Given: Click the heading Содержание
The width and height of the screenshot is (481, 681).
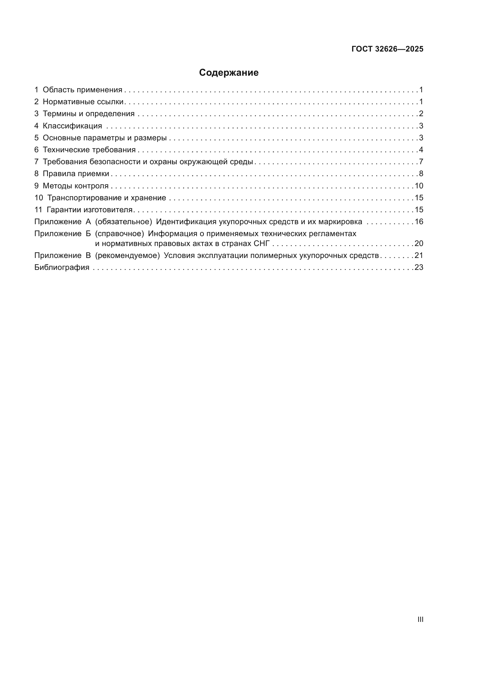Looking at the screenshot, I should (x=229, y=72).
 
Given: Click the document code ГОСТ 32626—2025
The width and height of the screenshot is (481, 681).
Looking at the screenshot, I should (x=387, y=49).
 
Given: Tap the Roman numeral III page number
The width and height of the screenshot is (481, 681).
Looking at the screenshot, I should (x=420, y=619).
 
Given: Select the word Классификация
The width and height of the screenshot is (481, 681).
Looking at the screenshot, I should (x=72, y=126).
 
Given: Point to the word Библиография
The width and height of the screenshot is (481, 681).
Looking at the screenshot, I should (x=62, y=267).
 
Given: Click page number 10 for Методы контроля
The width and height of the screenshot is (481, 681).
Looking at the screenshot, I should (x=419, y=186).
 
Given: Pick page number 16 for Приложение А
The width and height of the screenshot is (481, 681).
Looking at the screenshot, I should (x=419, y=222).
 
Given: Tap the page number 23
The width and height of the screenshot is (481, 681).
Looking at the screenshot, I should (x=419, y=267).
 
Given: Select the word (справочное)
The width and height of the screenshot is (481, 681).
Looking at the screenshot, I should (x=119, y=234).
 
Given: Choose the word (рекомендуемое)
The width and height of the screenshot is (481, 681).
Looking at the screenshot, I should (x=127, y=255).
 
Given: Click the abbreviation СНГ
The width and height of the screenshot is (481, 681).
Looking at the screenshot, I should (x=262, y=243).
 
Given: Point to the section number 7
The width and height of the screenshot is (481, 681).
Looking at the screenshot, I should (x=36, y=162).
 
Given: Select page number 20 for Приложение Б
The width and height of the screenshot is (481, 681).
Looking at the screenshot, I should (x=419, y=243).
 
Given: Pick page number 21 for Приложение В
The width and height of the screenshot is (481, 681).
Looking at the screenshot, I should (x=419, y=255).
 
